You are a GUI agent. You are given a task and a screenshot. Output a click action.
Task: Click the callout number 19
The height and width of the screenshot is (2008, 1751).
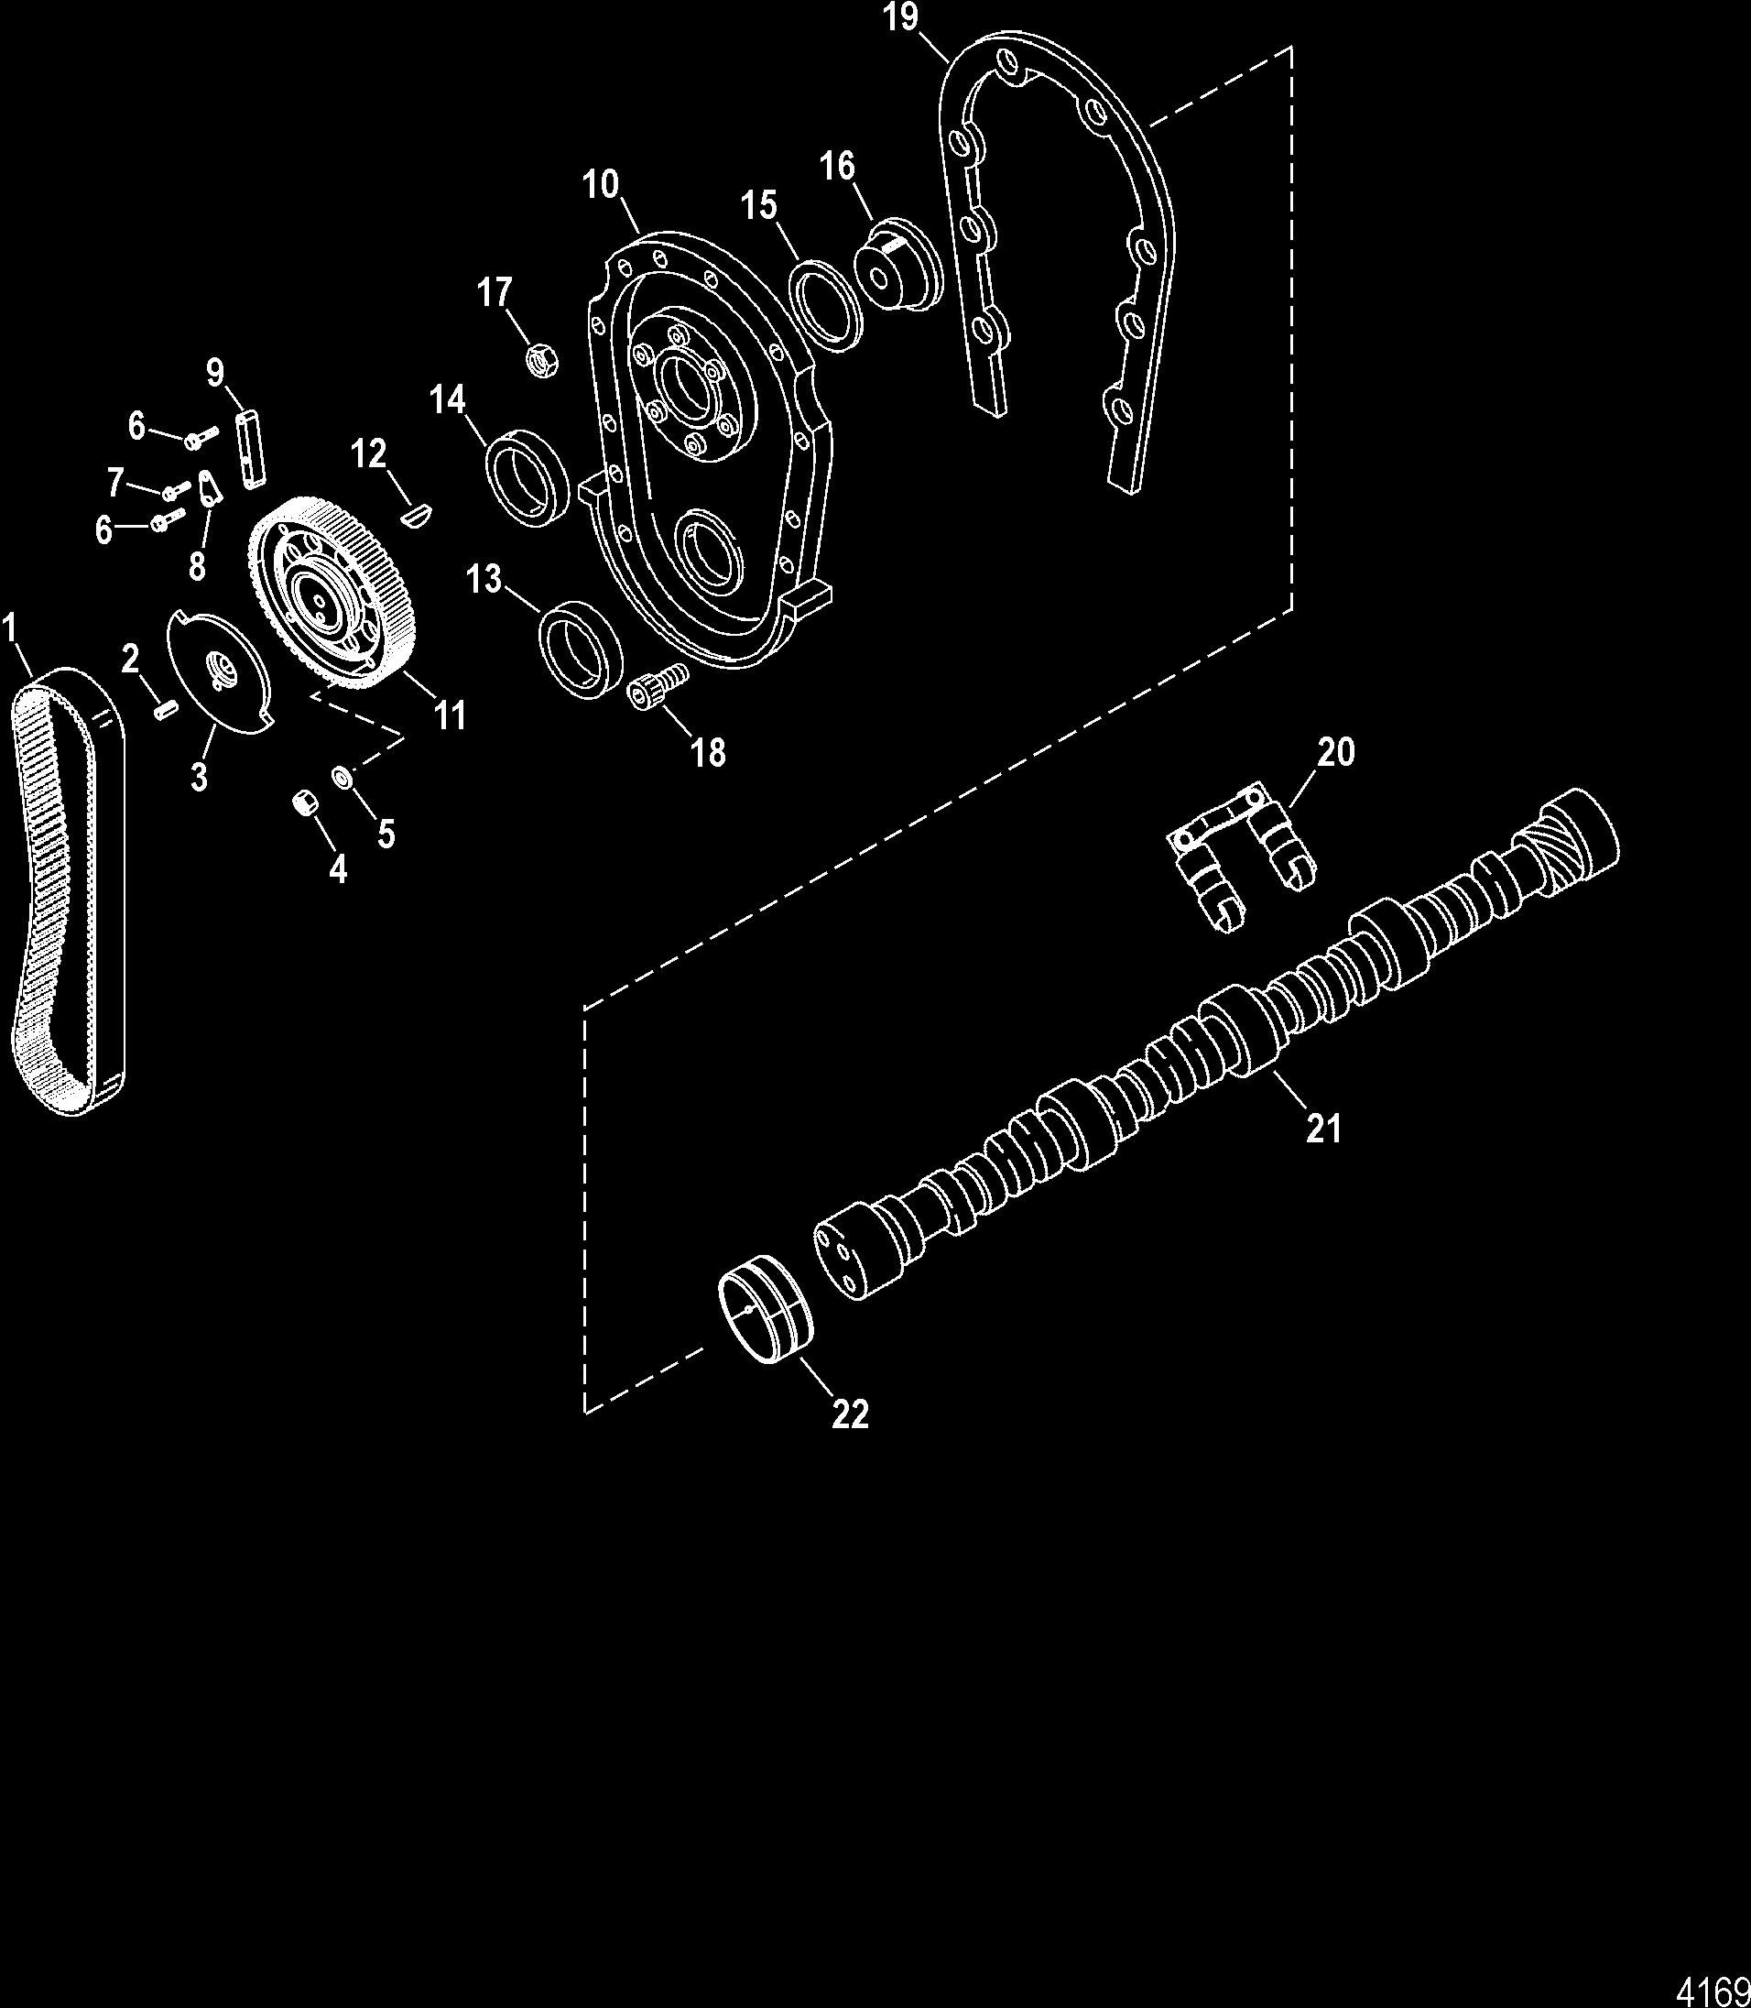pos(901,19)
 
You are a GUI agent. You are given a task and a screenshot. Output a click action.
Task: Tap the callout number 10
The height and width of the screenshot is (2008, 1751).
pos(602,185)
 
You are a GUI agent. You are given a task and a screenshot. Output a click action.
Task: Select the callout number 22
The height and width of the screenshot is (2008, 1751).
pos(849,1413)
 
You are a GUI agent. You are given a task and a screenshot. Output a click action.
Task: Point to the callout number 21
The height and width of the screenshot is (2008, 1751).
pos(1324,1128)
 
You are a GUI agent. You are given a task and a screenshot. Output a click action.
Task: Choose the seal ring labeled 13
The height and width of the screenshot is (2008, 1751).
pos(579,649)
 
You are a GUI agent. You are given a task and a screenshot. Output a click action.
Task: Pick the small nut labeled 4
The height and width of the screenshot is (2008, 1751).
pos(303,803)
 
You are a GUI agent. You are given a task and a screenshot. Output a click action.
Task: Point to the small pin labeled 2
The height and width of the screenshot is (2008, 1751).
pos(163,708)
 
